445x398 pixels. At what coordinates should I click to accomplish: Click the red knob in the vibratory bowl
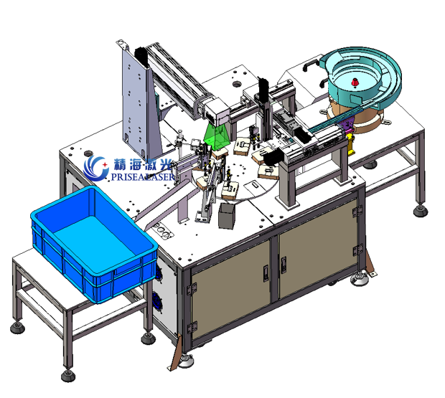tap(355, 82)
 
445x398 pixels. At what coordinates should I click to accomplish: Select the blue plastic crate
tap(94, 244)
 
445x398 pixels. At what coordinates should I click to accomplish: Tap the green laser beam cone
tap(216, 137)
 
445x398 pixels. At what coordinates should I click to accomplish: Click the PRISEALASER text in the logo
tap(142, 177)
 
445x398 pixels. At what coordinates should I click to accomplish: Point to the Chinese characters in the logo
tap(143, 164)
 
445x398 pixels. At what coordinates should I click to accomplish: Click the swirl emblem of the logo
tap(96, 168)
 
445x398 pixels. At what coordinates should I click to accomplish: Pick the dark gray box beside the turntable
tap(227, 216)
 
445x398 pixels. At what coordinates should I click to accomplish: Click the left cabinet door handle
tap(266, 273)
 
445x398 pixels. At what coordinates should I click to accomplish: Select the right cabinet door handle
tap(284, 265)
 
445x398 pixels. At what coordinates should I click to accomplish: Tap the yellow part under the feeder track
tap(352, 145)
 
